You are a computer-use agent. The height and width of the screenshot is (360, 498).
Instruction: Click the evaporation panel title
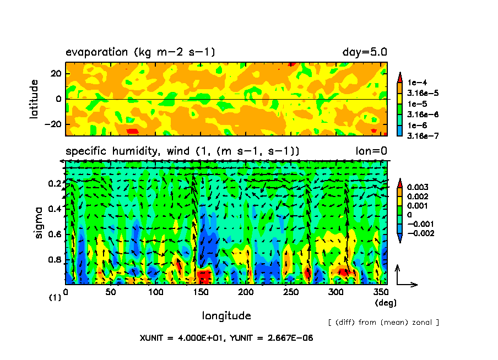[140, 53]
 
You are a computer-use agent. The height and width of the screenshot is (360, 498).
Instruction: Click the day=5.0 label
[365, 53]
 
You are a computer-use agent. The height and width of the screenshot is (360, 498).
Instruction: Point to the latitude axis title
[35, 99]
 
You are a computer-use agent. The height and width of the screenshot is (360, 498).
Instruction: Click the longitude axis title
[226, 315]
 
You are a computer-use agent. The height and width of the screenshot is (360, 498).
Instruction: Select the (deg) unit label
[385, 303]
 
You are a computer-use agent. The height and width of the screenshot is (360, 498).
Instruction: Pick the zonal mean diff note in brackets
[383, 322]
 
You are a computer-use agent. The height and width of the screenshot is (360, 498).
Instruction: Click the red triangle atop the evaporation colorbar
[401, 76]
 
